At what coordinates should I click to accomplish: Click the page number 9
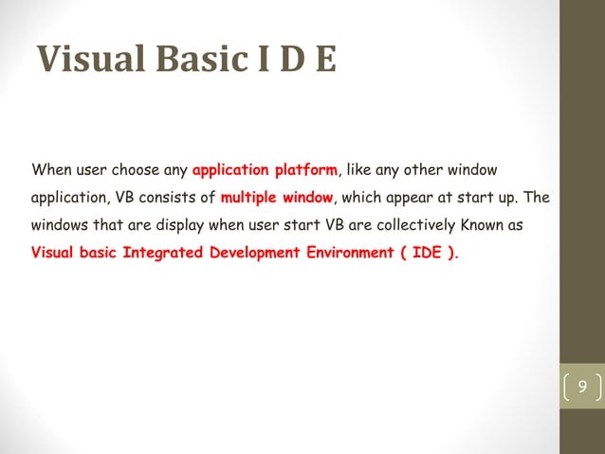582,387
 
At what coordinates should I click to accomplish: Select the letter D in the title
292,61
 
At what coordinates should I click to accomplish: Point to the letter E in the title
325,61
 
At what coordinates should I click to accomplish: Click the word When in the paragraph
52,172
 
